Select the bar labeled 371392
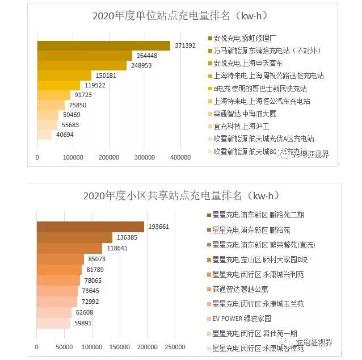(103, 45)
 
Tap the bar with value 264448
(85, 56)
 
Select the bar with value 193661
(90, 227)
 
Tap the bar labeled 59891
(53, 323)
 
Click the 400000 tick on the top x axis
(181, 157)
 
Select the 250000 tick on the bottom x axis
(174, 347)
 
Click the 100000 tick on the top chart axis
(73, 157)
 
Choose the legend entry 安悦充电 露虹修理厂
(249, 38)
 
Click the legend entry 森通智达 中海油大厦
(249, 114)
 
